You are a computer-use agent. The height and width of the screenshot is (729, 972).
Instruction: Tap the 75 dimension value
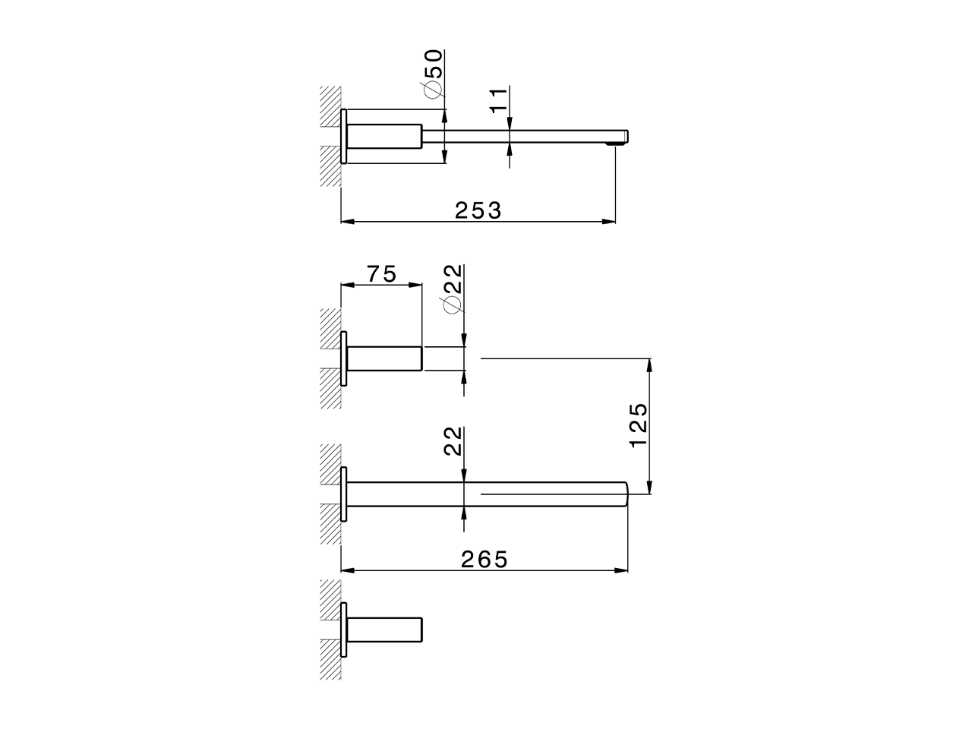(x=382, y=273)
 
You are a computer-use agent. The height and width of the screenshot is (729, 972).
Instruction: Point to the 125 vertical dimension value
(x=638, y=425)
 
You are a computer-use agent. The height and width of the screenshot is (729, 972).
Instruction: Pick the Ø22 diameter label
(x=452, y=289)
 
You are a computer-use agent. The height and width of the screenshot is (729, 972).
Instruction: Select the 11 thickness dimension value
(x=497, y=100)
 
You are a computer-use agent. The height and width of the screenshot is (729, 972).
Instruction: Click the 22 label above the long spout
(x=453, y=440)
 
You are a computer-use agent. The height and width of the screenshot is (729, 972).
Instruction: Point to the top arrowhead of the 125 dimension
(x=649, y=364)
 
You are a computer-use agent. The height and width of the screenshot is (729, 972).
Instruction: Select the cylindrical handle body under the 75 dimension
(x=384, y=358)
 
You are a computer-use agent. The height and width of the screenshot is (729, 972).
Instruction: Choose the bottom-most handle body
(x=384, y=630)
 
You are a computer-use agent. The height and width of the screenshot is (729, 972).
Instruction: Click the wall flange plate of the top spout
(x=344, y=137)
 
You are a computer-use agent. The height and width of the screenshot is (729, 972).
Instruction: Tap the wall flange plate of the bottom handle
(x=344, y=630)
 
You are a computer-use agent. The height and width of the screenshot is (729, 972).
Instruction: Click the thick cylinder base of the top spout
(x=384, y=137)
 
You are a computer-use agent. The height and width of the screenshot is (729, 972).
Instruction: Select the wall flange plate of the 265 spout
(x=344, y=494)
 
